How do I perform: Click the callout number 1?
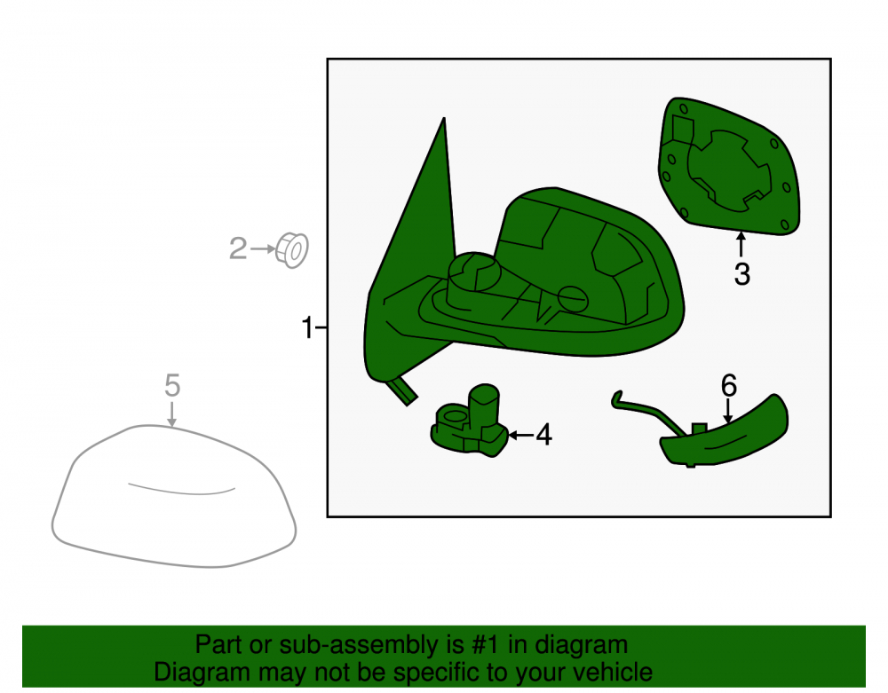(307, 327)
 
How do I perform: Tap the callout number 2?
(238, 248)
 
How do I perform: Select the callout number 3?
(741, 274)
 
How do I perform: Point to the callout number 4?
(543, 435)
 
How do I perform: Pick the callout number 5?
(172, 385)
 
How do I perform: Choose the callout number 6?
(729, 385)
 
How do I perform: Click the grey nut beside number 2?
(292, 250)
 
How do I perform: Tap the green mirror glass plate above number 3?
(729, 166)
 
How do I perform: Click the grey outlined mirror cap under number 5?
(174, 497)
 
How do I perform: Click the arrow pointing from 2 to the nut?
(263, 248)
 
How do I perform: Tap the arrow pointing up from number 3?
(741, 245)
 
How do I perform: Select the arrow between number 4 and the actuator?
(521, 435)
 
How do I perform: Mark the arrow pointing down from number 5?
(172, 413)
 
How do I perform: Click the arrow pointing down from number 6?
(728, 411)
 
